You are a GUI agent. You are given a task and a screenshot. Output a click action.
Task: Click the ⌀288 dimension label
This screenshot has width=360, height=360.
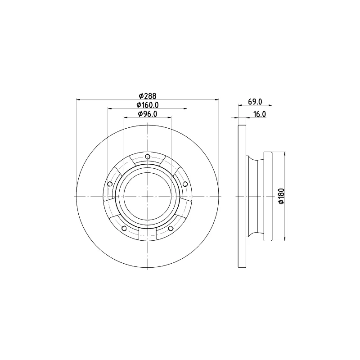[x=148, y=95]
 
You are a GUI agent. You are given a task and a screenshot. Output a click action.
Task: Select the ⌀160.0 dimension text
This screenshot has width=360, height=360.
[x=148, y=105]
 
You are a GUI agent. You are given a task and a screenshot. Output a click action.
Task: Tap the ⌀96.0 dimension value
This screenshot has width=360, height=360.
[x=148, y=114]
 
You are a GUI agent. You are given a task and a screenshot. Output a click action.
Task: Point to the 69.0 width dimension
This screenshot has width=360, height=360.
[x=255, y=102]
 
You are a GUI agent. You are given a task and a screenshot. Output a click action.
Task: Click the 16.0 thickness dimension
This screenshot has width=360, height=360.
[x=260, y=114]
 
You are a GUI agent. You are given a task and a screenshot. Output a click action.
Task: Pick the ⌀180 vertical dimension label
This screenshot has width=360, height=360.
[x=281, y=196]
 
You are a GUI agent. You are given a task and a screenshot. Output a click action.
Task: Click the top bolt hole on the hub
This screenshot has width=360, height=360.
[x=148, y=157]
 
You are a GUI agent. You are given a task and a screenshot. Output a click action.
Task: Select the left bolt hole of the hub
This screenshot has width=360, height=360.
[x=110, y=184]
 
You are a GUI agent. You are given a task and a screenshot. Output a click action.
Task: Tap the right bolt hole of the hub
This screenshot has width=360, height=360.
[x=185, y=184]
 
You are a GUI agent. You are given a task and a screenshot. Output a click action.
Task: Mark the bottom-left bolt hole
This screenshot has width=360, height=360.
[x=124, y=228]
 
